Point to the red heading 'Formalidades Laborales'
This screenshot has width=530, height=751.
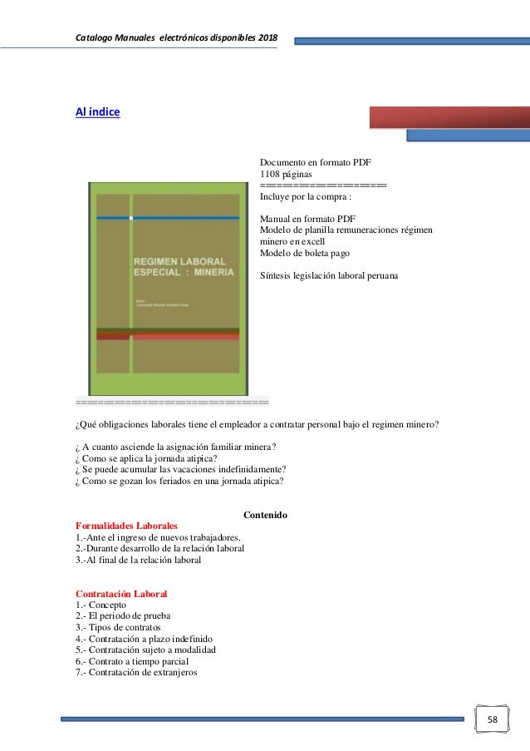126,526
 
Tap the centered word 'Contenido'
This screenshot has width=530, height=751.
264,516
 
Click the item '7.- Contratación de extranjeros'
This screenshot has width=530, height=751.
136,673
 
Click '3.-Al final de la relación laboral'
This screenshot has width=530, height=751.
138,560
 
